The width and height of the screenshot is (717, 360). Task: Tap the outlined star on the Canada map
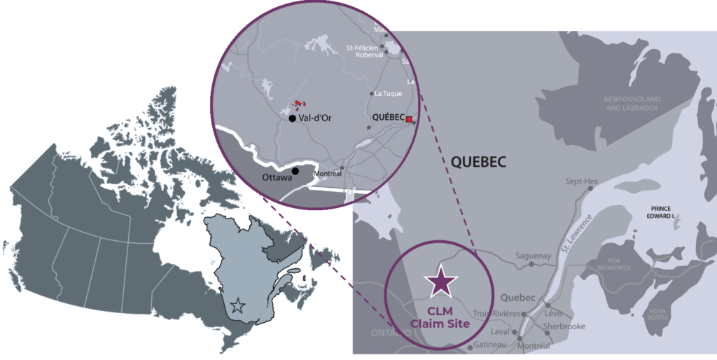coord(238,305)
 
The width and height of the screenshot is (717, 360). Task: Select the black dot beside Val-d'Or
coord(291,118)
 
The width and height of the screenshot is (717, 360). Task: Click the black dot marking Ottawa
coord(295,171)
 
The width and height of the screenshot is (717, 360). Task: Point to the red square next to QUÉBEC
coord(410,120)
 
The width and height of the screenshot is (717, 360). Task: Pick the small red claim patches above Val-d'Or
coord(300,104)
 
